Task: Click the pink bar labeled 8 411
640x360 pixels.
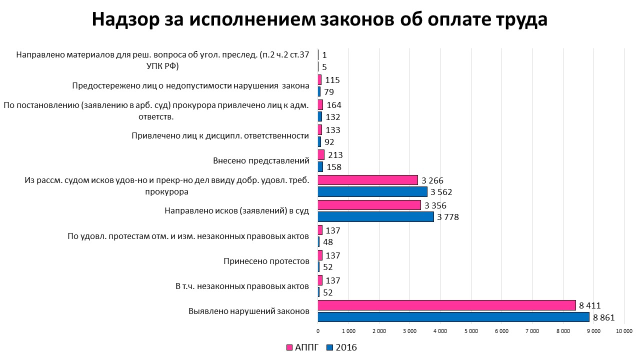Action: pos(446,305)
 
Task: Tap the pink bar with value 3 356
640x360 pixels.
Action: pos(369,205)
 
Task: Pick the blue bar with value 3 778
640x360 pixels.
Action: pos(375,217)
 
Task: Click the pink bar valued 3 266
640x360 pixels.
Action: pos(368,180)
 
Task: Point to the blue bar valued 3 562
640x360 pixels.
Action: pos(372,192)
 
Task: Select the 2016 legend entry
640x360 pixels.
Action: pos(341,347)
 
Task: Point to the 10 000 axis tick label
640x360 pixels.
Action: pos(624,331)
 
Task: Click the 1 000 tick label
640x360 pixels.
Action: pos(348,331)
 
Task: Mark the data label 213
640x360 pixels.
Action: pos(335,155)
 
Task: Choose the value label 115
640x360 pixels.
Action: pos(332,80)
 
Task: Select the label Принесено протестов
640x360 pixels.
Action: pos(266,261)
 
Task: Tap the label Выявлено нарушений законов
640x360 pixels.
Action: pos(249,311)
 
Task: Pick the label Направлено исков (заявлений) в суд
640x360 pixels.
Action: pos(236,211)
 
